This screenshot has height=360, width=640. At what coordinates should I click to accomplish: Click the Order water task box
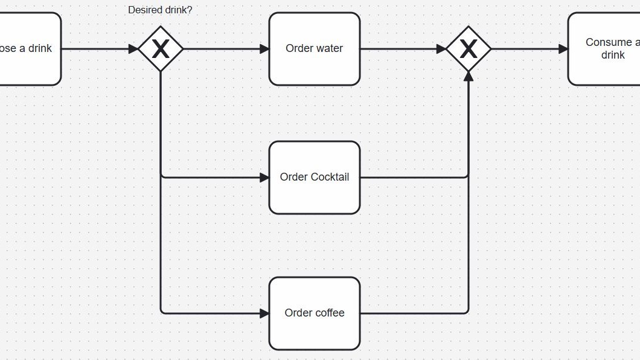tap(314, 49)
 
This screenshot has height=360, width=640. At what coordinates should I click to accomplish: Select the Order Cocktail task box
tap(314, 178)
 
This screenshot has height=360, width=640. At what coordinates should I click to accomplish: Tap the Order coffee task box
tap(314, 313)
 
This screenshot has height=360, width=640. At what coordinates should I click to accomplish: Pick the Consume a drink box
tap(604, 49)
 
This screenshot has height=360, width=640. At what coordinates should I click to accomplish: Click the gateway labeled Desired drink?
tap(161, 49)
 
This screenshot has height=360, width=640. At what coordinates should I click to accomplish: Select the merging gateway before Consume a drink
tap(469, 49)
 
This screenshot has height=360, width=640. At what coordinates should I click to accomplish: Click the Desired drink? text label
tap(160, 10)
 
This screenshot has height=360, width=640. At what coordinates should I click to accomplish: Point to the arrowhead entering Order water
tap(264, 49)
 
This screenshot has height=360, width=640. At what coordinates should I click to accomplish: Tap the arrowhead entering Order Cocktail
tap(264, 178)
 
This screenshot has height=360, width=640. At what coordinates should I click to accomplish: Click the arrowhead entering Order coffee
tap(264, 313)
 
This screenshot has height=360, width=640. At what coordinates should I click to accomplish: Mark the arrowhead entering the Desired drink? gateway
tap(133, 49)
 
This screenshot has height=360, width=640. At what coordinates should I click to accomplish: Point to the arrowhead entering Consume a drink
tap(563, 49)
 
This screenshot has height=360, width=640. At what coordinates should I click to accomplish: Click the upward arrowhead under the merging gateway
tap(469, 76)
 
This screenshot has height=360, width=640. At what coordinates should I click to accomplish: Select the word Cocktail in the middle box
tap(330, 178)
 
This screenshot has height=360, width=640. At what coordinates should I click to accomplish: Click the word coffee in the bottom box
tap(330, 313)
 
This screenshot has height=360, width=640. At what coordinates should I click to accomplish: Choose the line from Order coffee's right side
tap(414, 313)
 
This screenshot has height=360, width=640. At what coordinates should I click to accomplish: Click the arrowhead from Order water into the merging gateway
tap(441, 49)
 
